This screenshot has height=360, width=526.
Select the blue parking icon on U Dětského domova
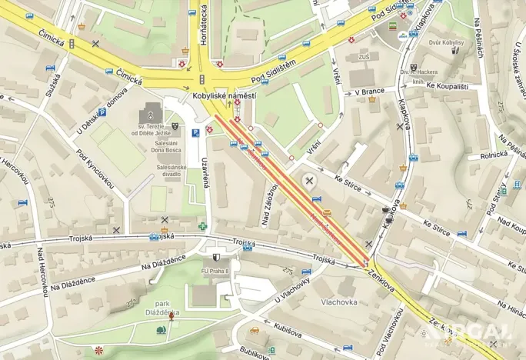(102, 112)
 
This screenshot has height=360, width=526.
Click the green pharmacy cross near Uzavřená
(203, 226)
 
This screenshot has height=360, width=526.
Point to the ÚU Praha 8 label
(215, 271)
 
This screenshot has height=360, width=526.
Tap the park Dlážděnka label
(162, 308)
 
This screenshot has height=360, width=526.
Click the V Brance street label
(369, 92)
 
